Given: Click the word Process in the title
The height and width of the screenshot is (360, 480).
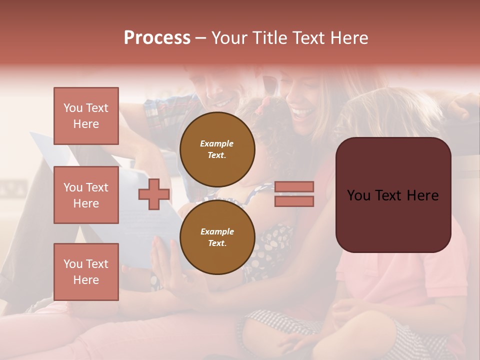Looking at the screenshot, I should (x=157, y=38).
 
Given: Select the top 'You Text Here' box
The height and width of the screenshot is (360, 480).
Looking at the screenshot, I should (x=86, y=116).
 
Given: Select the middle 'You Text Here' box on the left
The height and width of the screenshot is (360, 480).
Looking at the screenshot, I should (x=86, y=195).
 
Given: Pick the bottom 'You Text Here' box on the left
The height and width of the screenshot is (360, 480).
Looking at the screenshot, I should (x=86, y=272).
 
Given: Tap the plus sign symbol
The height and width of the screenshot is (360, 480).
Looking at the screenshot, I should (x=154, y=194).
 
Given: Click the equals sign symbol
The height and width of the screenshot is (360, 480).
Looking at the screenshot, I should (x=294, y=194).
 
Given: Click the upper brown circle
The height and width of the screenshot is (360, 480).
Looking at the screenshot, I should (x=217, y=149).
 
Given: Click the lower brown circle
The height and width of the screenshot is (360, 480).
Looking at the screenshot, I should (x=217, y=237).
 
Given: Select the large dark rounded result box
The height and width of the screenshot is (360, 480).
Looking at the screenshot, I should (x=393, y=195).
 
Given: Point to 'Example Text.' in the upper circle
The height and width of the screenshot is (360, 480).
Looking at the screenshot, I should (x=217, y=149).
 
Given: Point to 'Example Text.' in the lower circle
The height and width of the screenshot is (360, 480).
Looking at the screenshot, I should (x=217, y=237).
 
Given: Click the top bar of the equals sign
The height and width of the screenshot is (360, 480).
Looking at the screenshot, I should (x=294, y=187).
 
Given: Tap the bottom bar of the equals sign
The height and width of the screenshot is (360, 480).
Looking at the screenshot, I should (x=294, y=201).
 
